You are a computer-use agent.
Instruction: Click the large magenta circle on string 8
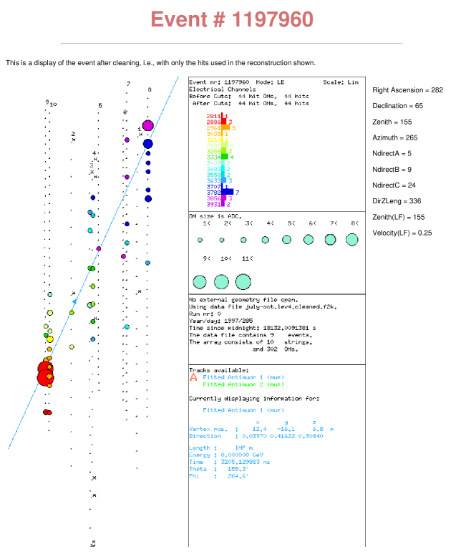147,126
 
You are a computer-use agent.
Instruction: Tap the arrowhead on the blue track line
74,302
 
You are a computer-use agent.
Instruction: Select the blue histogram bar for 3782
228,192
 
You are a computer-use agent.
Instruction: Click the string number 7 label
128,84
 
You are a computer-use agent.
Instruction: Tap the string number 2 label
73,133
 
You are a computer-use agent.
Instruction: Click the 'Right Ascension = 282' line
408,90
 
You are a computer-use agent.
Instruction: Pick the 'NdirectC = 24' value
394,185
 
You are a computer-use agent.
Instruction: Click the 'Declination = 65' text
397,106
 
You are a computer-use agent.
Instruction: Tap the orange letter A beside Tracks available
193,377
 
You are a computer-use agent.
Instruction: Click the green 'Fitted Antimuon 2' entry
233,384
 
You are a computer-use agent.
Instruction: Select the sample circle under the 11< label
243,282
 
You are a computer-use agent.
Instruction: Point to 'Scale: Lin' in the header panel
340,82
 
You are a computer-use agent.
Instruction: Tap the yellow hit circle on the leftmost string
49,339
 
